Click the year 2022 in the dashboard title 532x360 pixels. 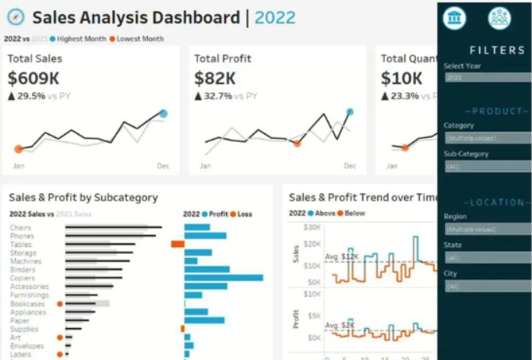coord(275,18)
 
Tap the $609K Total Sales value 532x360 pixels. coord(33,78)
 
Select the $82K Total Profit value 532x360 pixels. coord(215,78)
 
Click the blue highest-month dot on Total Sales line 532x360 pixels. coord(164,114)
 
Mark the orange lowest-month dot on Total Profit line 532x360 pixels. coord(297,143)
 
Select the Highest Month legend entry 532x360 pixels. coord(79,39)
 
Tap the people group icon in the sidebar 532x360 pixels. coord(499,18)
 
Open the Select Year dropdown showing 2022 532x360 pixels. coord(488,77)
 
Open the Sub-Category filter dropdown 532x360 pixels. coord(488,166)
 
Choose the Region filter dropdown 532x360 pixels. coord(488,229)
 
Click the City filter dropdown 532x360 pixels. coord(488,286)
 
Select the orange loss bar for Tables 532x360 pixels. coord(178,244)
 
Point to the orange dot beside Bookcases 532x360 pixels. coord(60,304)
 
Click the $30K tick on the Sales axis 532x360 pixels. coord(312,228)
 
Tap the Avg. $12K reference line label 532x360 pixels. coord(341,256)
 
